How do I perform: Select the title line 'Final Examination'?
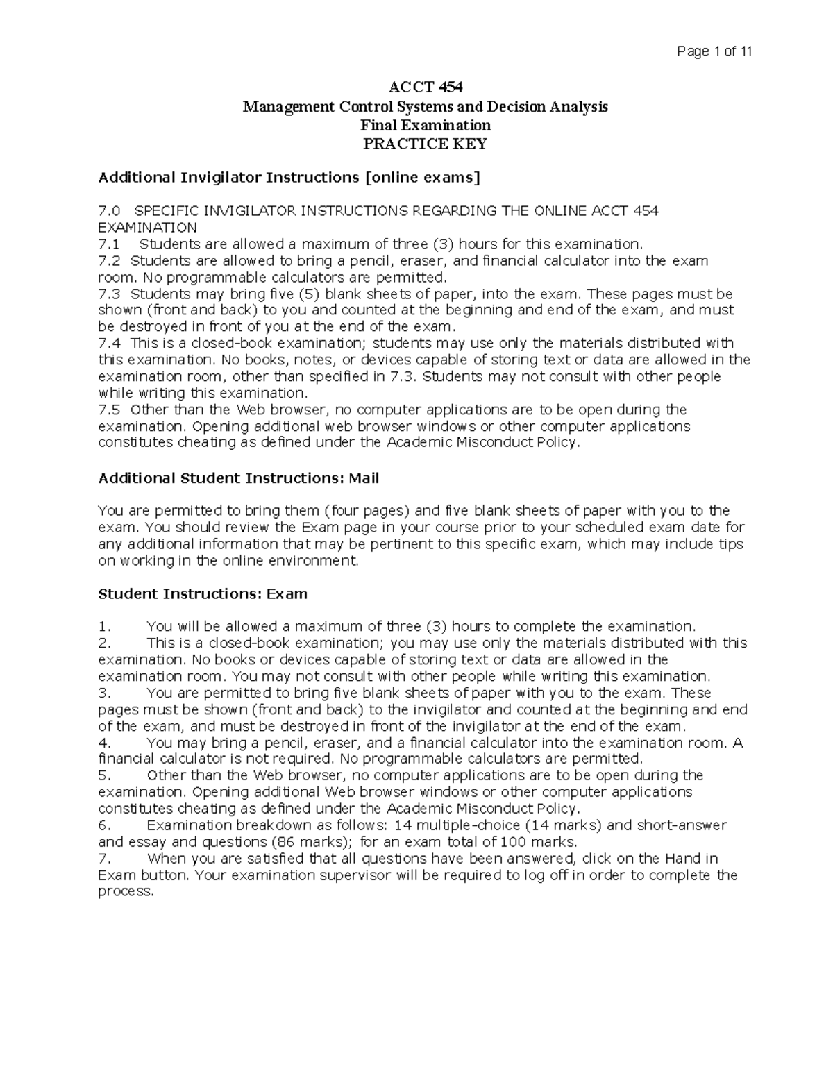(425, 125)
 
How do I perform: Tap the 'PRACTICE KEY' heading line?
(425, 144)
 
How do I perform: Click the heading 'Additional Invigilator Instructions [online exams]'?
(289, 178)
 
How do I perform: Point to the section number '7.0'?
(109, 211)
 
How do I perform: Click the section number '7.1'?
(109, 244)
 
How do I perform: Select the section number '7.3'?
(109, 294)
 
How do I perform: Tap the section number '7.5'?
(109, 410)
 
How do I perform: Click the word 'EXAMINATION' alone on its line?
(147, 228)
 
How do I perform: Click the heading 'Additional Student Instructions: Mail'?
(239, 478)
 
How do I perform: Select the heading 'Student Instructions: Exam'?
(203, 594)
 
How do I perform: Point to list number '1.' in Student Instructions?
(105, 627)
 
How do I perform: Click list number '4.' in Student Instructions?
(105, 743)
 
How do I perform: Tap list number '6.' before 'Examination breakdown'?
(105, 825)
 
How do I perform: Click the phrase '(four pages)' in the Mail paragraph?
(367, 512)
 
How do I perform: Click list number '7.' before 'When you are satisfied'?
(105, 859)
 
